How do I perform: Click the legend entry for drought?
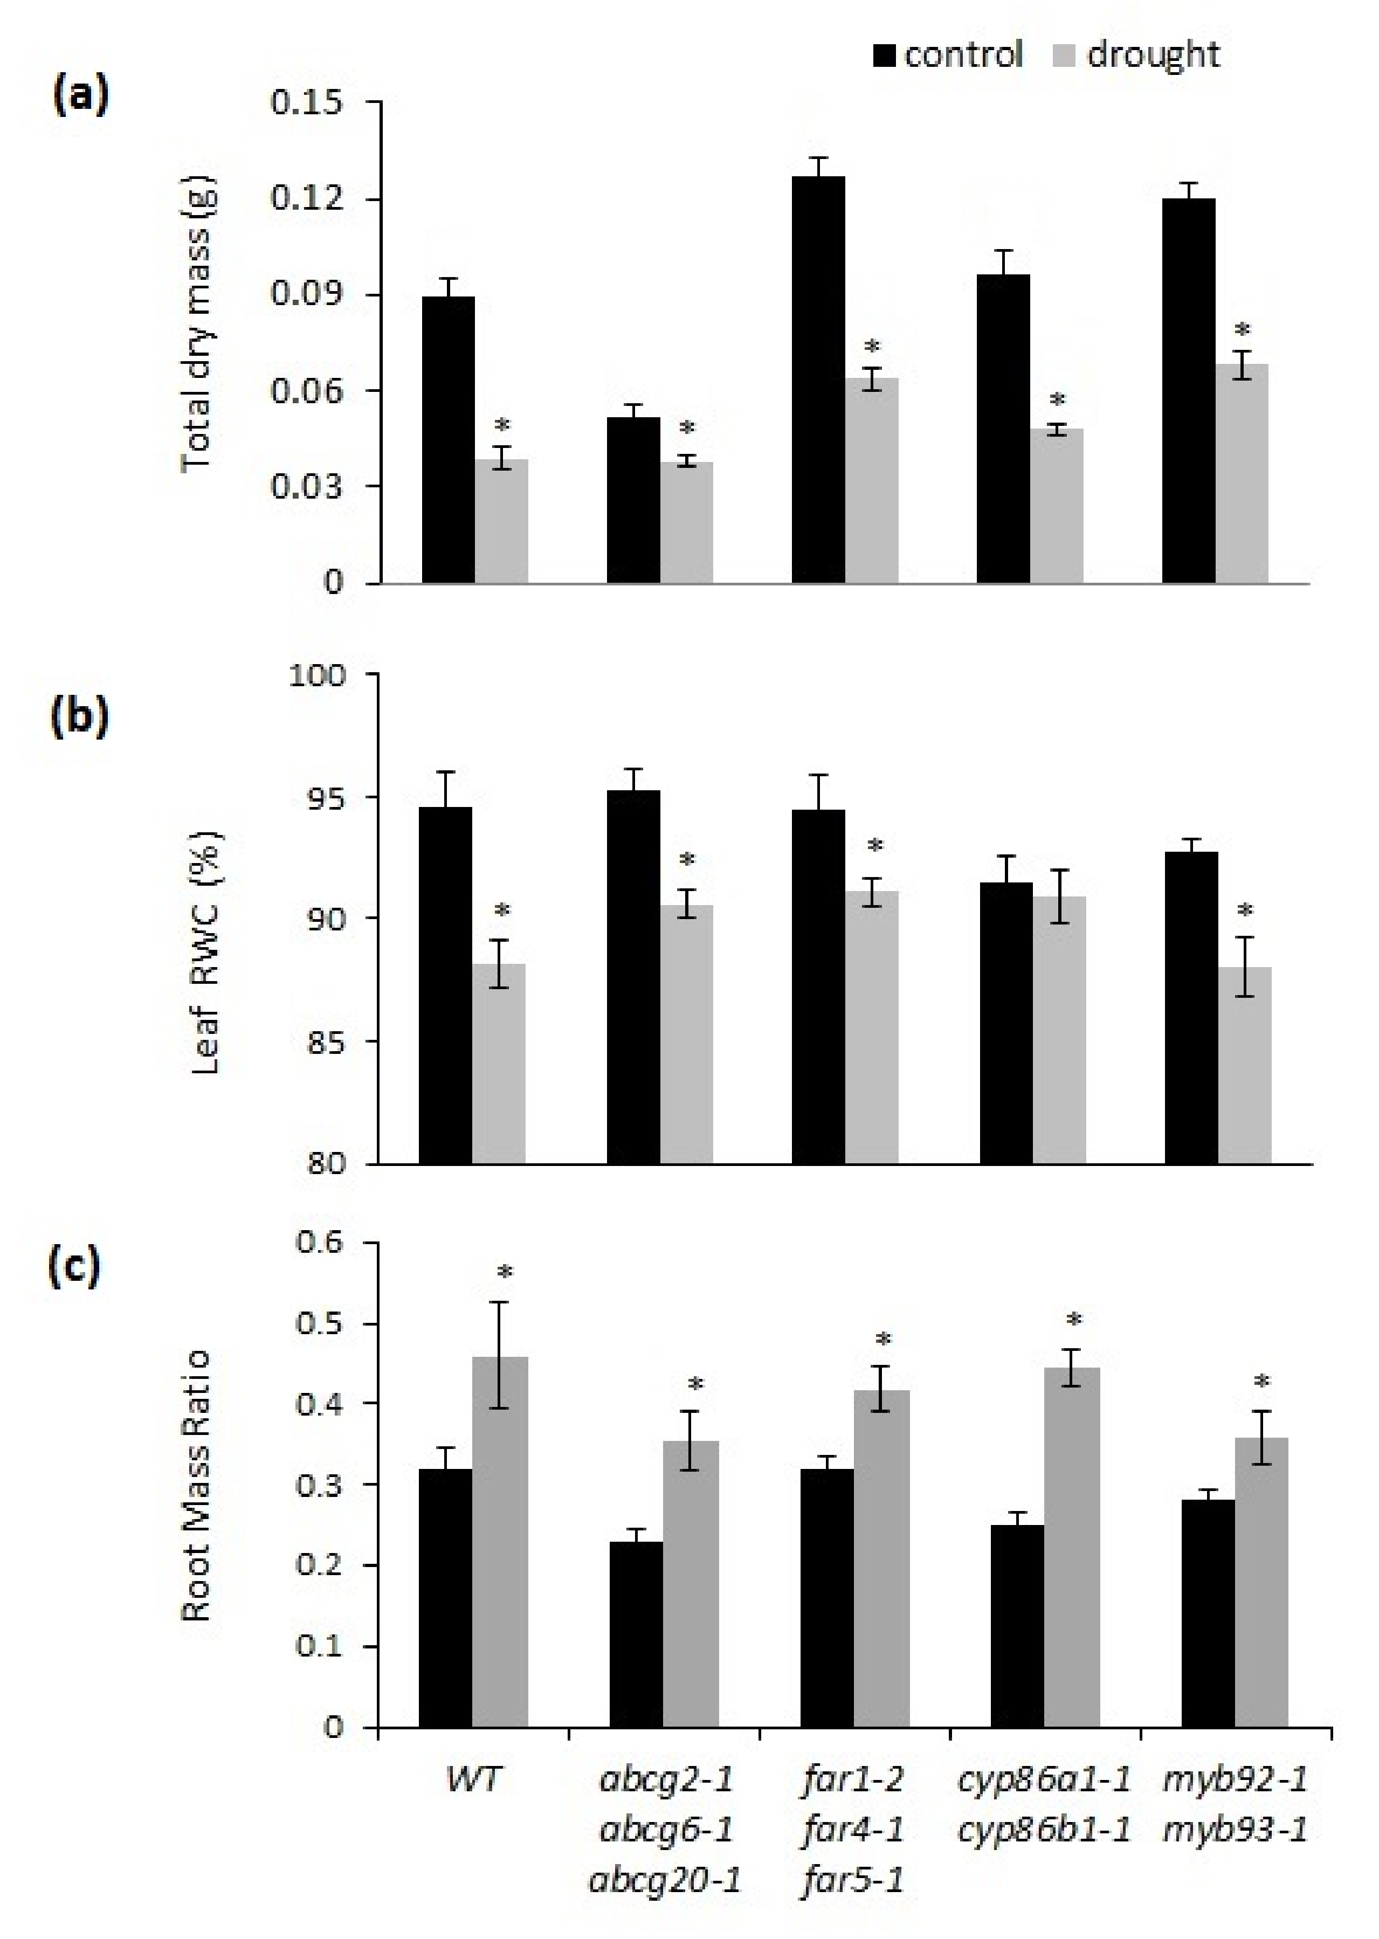tap(1138, 55)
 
